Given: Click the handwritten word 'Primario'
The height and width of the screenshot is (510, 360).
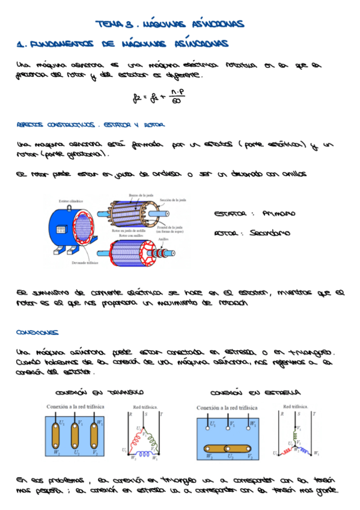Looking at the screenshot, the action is [279, 214].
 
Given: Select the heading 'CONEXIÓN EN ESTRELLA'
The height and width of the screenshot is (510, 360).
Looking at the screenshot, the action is [255, 392].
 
